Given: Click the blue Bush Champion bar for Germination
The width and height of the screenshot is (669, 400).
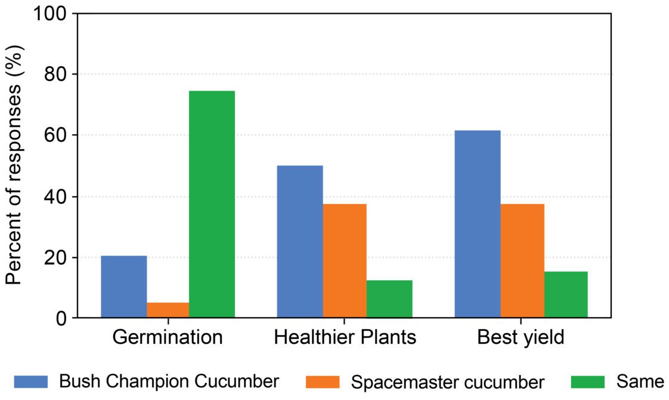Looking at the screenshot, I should pyautogui.click(x=124, y=287).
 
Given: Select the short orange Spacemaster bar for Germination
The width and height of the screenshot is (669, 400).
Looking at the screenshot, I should pyautogui.click(x=168, y=311).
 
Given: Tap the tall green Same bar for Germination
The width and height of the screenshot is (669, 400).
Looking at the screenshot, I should pyautogui.click(x=212, y=204).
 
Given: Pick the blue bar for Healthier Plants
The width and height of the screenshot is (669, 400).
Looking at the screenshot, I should pyautogui.click(x=301, y=241).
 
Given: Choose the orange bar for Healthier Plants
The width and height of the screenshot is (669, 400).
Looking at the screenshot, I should pyautogui.click(x=345, y=261).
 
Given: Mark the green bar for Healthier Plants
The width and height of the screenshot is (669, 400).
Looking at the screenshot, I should pyautogui.click(x=389, y=299).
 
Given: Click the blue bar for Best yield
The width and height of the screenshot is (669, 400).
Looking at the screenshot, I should pyautogui.click(x=477, y=224).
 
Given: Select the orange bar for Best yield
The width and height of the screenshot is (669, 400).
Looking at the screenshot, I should pyautogui.click(x=522, y=261).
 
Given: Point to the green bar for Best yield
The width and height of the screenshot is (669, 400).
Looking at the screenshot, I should pyautogui.click(x=566, y=294).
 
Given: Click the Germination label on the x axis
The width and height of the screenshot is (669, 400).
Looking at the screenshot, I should pyautogui.click(x=168, y=337).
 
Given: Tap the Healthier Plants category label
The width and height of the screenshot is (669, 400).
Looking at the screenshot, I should pyautogui.click(x=345, y=337).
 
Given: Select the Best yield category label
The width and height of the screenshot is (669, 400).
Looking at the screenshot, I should pyautogui.click(x=521, y=337).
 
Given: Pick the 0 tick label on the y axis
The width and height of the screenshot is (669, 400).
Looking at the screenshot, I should pyautogui.click(x=62, y=318).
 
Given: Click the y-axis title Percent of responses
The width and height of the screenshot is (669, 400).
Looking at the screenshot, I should pyautogui.click(x=14, y=166).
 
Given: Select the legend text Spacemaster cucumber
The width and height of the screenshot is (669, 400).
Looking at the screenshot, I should pyautogui.click(x=447, y=382).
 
